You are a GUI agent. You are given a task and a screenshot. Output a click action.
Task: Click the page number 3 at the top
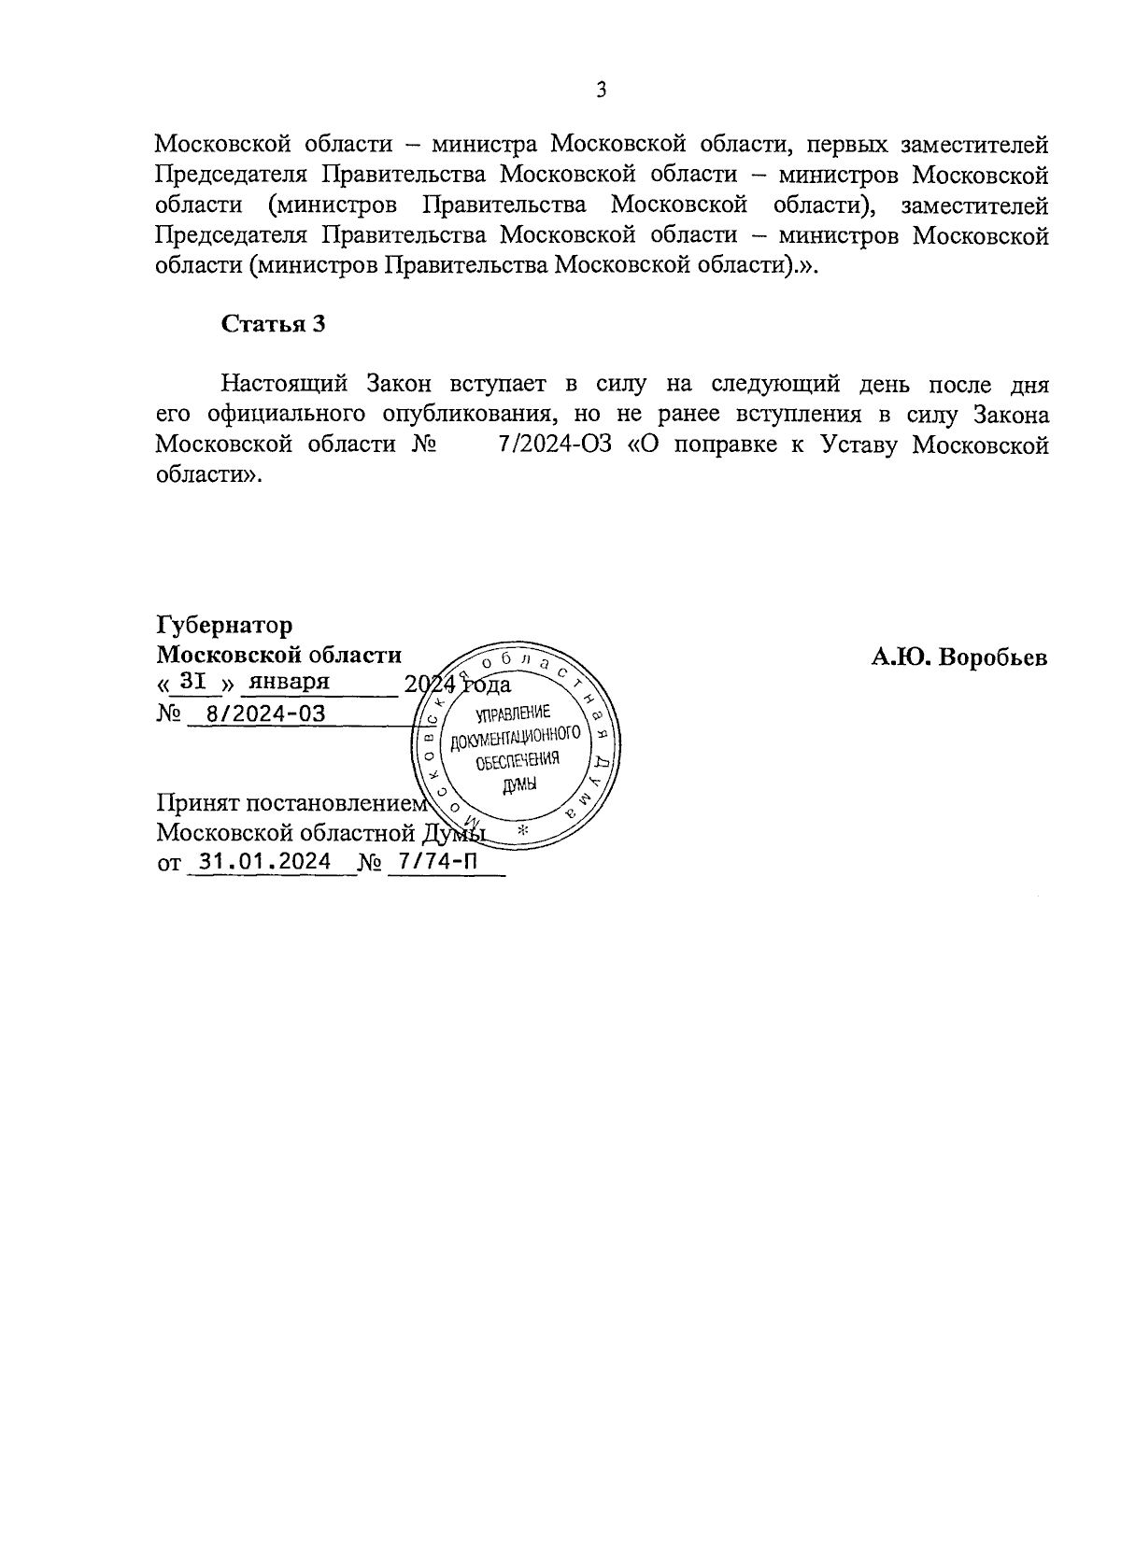(602, 91)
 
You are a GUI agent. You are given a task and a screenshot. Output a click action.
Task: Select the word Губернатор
(224, 625)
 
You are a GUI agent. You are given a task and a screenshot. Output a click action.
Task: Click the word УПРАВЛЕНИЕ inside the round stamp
(513, 715)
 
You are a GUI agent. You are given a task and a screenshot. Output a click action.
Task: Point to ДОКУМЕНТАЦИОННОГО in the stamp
(516, 739)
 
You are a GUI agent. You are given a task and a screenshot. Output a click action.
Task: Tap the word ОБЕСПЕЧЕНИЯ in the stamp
(517, 761)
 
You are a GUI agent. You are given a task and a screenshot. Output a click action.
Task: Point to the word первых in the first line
(842, 145)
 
